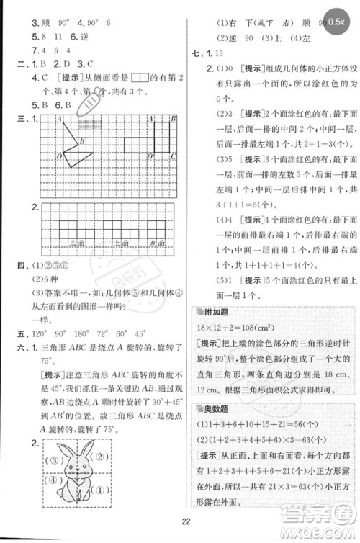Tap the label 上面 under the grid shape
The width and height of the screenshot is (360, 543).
115,245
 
